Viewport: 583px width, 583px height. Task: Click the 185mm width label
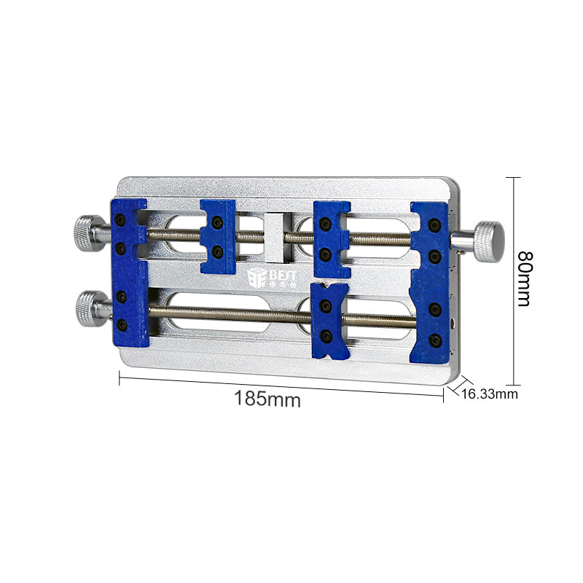(x=267, y=399)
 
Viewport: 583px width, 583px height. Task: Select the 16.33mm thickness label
(x=490, y=394)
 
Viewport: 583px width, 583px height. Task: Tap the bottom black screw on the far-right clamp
(x=435, y=340)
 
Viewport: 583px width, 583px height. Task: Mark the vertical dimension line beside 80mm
(x=515, y=281)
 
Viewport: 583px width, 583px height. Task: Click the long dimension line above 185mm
(x=281, y=386)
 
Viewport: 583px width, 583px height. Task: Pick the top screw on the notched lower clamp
(x=326, y=304)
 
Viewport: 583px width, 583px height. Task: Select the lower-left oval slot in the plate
(x=211, y=312)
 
